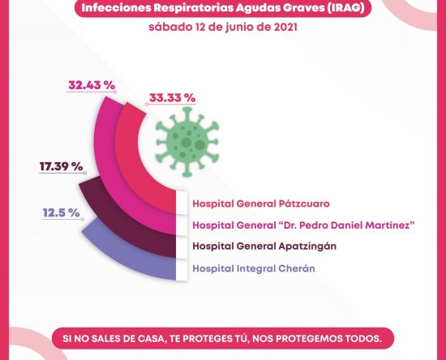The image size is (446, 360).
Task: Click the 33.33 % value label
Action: click(173, 98)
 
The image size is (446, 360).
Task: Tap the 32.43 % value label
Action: click(92, 85)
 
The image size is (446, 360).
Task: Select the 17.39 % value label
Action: click(61, 166)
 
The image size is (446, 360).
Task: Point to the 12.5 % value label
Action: click(61, 212)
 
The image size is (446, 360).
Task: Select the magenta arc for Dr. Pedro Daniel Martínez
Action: click(107, 170)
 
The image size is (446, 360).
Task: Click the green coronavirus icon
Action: click(187, 142)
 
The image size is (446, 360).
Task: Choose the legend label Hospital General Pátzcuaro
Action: click(261, 204)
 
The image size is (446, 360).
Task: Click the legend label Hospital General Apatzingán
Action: click(264, 246)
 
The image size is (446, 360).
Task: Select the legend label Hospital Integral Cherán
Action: click(254, 268)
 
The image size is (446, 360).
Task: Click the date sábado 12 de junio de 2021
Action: click(223, 28)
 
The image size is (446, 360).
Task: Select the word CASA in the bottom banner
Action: click(151, 339)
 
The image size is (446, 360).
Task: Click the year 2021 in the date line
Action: click(285, 28)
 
